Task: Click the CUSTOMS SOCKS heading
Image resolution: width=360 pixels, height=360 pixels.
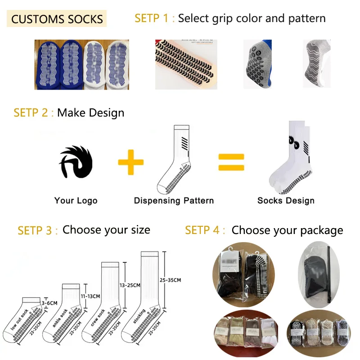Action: click(x=57, y=19)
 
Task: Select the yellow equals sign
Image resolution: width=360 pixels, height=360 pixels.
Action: click(x=231, y=162)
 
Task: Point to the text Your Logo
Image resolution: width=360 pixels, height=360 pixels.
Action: click(x=76, y=201)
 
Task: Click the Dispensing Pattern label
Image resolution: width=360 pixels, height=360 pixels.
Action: click(x=174, y=201)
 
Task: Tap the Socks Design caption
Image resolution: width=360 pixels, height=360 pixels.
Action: click(x=286, y=201)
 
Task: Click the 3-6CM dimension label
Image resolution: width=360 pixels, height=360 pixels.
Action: click(x=49, y=303)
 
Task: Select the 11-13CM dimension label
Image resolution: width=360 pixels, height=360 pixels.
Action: click(x=90, y=296)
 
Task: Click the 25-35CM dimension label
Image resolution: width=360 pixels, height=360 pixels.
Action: click(x=170, y=280)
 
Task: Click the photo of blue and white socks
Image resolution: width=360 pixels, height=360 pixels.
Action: click(x=81, y=64)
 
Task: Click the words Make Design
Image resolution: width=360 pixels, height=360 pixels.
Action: click(x=90, y=112)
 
